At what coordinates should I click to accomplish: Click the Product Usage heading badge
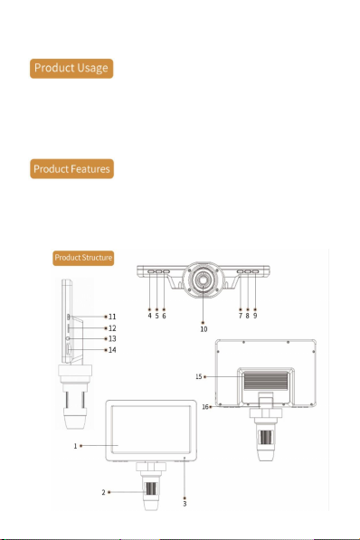coord(71,68)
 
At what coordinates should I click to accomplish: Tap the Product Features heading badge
coord(71,169)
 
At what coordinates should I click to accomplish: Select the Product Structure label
coord(83,258)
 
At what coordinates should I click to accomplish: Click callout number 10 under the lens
coord(204,329)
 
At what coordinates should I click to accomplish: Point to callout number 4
coord(149,316)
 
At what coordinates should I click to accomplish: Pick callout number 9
coord(255,316)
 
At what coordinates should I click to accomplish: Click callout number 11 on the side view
coord(112,317)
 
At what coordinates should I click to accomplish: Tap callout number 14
coord(112,350)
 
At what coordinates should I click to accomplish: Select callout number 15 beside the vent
coord(199,377)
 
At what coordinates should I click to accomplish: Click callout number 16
coord(205,407)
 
